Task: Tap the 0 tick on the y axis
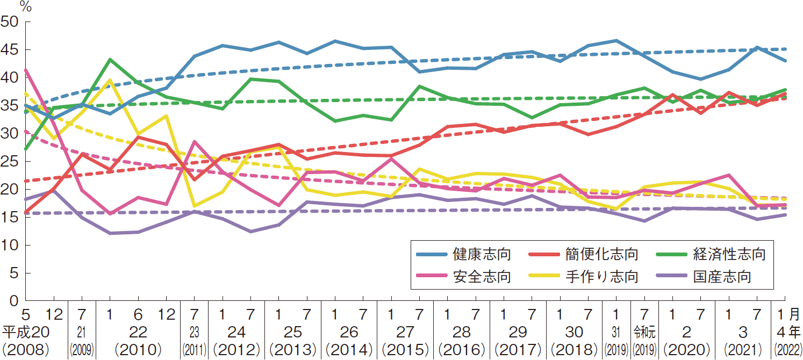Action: [14, 301]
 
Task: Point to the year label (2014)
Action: [348, 350]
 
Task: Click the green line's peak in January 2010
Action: [110, 59]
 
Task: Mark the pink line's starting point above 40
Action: [25, 70]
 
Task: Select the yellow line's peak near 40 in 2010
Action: [110, 80]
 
